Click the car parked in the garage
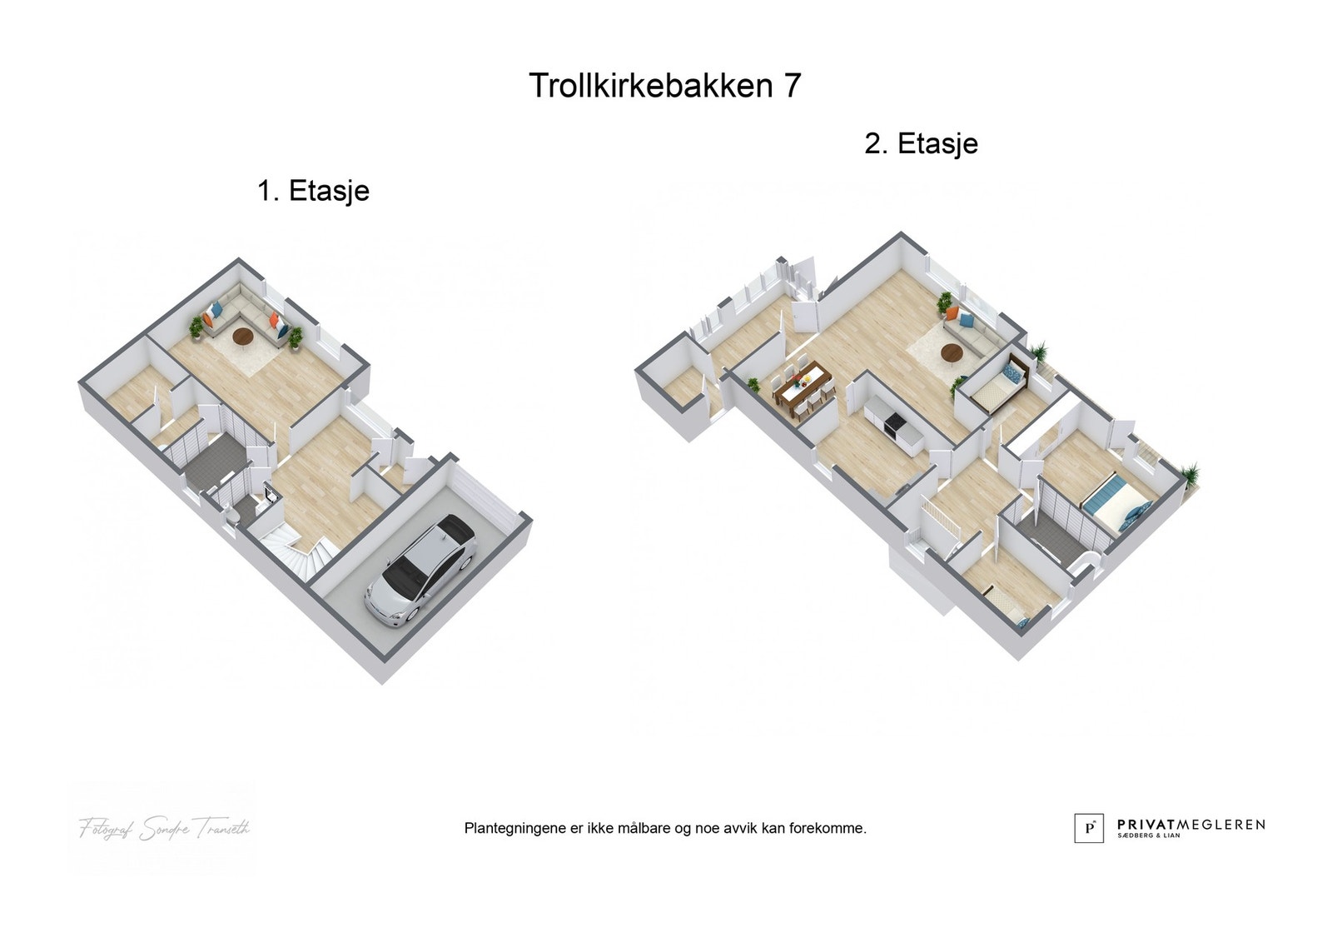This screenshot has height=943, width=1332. [x=421, y=571]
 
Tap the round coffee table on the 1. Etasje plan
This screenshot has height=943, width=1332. [x=243, y=337]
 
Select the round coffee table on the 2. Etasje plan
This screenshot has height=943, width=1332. [x=952, y=354]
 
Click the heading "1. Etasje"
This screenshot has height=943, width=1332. [x=313, y=191]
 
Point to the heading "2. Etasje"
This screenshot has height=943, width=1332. [x=921, y=143]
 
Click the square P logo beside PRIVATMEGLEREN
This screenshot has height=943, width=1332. [x=1088, y=828]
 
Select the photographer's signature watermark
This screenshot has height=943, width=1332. [x=164, y=828]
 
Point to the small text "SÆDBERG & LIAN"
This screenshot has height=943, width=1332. [x=1149, y=836]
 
